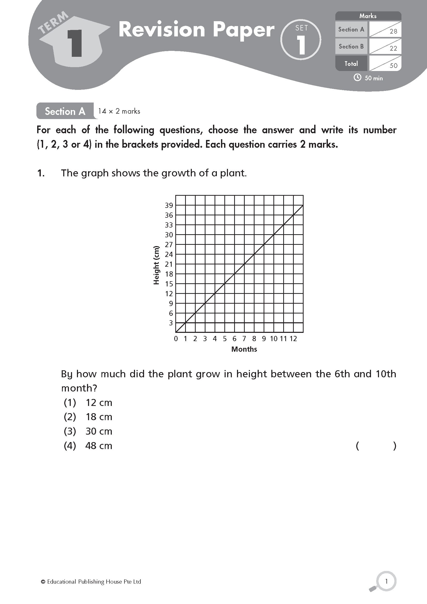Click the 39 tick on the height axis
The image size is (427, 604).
(169, 206)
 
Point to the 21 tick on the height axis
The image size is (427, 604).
(169, 264)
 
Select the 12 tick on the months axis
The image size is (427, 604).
(293, 339)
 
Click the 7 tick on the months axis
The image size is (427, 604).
(244, 339)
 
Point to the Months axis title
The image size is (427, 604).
(244, 349)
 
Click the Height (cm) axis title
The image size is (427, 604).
(156, 265)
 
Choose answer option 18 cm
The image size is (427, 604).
(99, 417)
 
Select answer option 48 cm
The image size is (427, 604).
(99, 446)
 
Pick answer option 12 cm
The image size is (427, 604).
(99, 403)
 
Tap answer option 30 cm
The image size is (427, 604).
(99, 432)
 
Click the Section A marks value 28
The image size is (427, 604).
(393, 32)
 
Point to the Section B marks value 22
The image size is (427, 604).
(393, 48)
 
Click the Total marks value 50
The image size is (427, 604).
(393, 66)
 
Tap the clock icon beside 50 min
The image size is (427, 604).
(357, 78)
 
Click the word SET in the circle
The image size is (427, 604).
(301, 28)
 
